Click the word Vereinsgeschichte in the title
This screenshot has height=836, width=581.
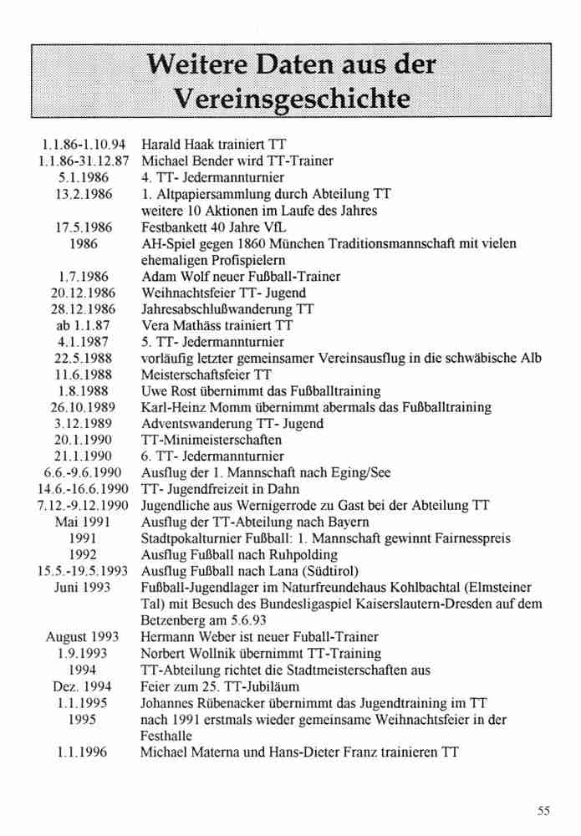(290, 99)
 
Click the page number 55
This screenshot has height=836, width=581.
(544, 810)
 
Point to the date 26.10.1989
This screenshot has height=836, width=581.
(83, 407)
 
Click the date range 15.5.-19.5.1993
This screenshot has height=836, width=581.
(82, 571)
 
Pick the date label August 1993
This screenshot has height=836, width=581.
(82, 637)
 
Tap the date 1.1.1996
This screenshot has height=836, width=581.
(82, 752)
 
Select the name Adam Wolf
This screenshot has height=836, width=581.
(171, 276)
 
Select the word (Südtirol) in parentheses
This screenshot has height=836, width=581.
(330, 571)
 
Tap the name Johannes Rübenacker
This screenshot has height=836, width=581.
(204, 703)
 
